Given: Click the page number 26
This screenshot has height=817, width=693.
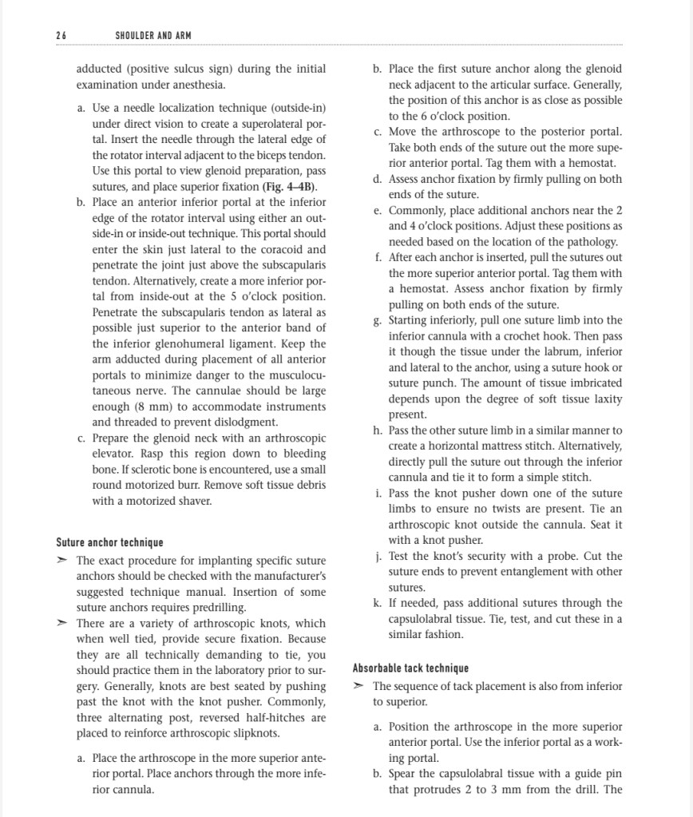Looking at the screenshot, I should (61, 36).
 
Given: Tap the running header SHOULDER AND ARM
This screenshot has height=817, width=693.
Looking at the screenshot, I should (152, 36).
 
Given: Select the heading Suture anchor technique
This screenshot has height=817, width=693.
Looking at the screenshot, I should (109, 543).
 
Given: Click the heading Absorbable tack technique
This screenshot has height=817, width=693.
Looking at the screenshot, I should (410, 668).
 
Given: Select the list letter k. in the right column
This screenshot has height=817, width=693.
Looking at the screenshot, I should (378, 603).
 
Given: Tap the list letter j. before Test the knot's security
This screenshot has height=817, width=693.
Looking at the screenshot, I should (378, 556).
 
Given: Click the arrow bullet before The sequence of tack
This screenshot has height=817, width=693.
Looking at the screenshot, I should (358, 687).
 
